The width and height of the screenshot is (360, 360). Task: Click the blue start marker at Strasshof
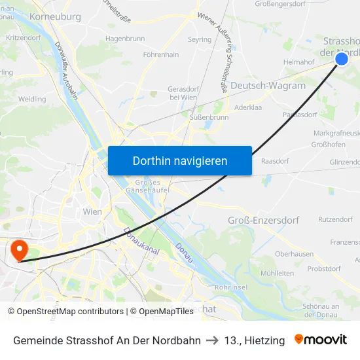click(x=342, y=59)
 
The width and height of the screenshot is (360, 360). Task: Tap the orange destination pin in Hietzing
click(x=18, y=249)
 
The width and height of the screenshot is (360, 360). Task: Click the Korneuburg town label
click(x=55, y=16)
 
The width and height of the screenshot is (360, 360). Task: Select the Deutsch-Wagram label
click(x=268, y=86)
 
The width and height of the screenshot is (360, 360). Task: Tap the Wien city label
click(x=92, y=212)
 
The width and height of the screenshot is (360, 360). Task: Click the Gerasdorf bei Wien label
click(x=183, y=93)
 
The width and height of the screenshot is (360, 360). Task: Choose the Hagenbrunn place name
click(x=125, y=39)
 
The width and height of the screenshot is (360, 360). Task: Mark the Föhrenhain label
click(x=161, y=55)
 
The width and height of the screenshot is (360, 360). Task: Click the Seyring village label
click(x=200, y=40)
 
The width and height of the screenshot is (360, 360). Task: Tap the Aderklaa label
click(x=247, y=106)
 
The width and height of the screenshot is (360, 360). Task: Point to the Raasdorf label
click(x=275, y=160)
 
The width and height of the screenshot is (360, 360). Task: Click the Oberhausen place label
click(x=294, y=254)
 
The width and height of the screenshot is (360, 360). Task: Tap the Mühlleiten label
click(x=277, y=273)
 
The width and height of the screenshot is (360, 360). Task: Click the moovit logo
click(x=321, y=340)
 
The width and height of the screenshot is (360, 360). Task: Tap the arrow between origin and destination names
click(x=213, y=340)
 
